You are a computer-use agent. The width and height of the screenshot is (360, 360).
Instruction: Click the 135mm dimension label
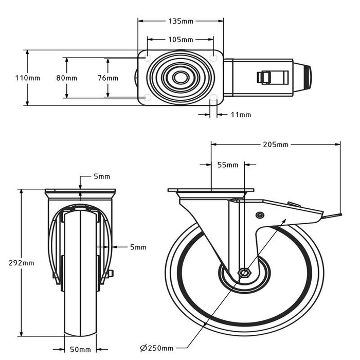click(x=181, y=22)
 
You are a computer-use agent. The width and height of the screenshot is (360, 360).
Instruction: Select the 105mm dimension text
click(x=181, y=40)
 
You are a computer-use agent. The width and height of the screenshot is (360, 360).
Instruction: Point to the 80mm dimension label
click(x=67, y=78)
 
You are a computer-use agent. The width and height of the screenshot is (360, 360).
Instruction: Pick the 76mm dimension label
click(x=108, y=78)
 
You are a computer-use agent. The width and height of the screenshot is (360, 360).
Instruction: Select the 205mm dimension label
click(x=276, y=145)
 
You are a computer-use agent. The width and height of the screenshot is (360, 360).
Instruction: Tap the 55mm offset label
click(x=228, y=165)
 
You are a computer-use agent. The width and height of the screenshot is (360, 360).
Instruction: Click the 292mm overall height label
click(x=22, y=262)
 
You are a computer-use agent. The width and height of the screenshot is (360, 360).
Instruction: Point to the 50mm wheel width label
click(x=81, y=350)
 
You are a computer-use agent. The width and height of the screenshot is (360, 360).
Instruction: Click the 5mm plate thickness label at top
click(x=102, y=176)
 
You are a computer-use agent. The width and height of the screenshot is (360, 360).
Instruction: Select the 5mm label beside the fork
click(x=138, y=247)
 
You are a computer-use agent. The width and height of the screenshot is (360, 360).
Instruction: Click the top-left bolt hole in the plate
click(x=148, y=59)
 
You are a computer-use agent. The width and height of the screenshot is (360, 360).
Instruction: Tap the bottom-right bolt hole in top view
click(x=213, y=97)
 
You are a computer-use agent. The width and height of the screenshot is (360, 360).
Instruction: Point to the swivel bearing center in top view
click(x=180, y=78)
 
